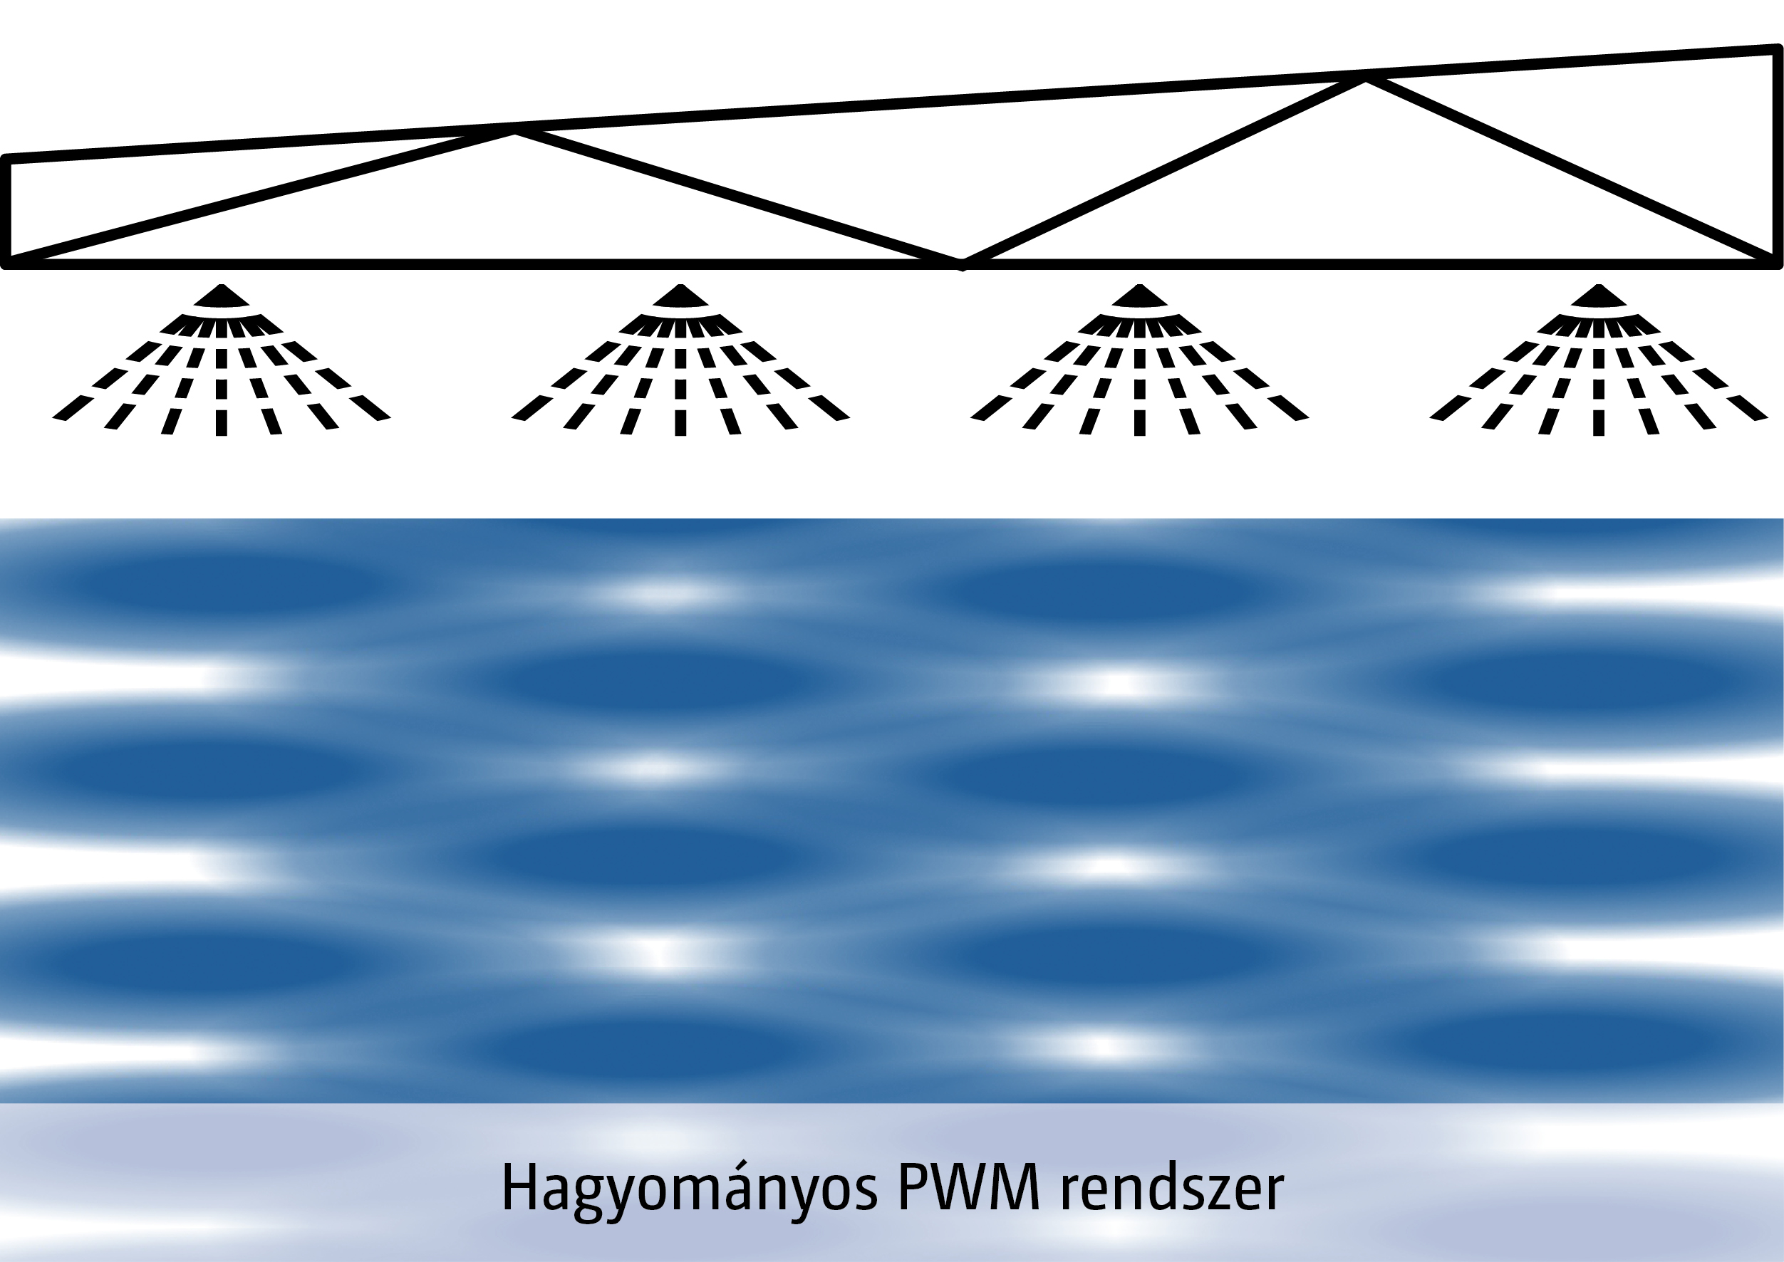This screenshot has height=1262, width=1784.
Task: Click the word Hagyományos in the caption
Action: coord(689,1189)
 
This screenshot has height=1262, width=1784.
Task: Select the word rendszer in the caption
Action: coord(1171,1189)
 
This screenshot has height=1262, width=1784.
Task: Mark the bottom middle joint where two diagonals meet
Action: coord(963,264)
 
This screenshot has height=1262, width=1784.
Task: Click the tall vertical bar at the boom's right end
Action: coord(1777,155)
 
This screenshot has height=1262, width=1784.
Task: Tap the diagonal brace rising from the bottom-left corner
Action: coord(261,197)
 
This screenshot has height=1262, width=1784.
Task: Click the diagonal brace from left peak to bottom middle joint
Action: coord(739,197)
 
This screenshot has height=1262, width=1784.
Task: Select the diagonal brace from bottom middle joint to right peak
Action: coord(1163,171)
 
